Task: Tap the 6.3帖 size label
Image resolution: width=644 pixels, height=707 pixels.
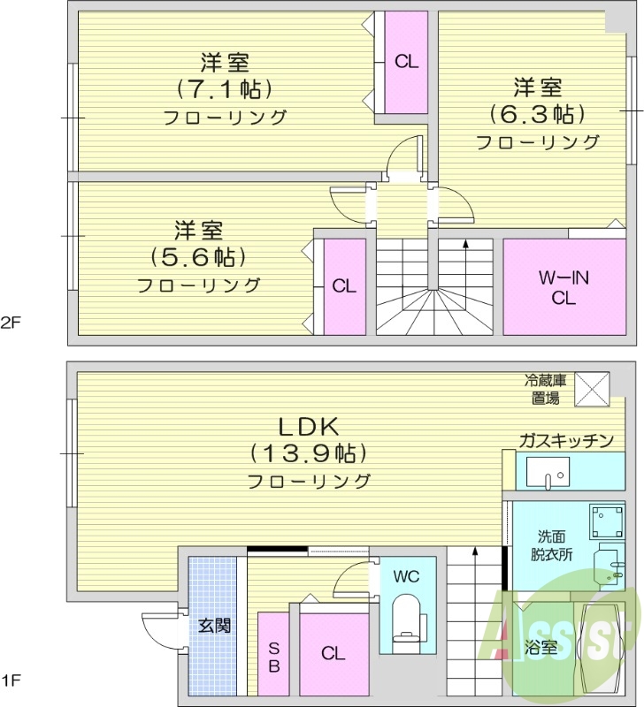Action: pyautogui.click(x=538, y=114)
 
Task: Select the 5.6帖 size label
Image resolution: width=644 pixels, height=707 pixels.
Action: pyautogui.click(x=197, y=257)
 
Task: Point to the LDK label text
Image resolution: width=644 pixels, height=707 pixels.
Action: pyautogui.click(x=309, y=426)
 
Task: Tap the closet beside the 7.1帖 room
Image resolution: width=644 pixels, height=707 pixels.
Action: pyautogui.click(x=406, y=61)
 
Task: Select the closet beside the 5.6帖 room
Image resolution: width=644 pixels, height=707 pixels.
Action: pyautogui.click(x=344, y=286)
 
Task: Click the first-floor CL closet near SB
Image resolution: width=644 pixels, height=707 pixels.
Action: pyautogui.click(x=333, y=654)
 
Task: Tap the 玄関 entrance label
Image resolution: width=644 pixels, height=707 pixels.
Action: pyautogui.click(x=214, y=626)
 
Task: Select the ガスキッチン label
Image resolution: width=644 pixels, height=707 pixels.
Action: pyautogui.click(x=566, y=440)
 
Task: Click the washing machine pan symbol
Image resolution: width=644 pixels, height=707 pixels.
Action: pyautogui.click(x=607, y=521)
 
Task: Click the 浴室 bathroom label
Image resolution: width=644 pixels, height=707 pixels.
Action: pyautogui.click(x=541, y=646)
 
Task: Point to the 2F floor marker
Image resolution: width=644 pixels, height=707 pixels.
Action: pyautogui.click(x=11, y=322)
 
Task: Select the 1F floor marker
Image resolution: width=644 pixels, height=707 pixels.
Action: pyautogui.click(x=11, y=680)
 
